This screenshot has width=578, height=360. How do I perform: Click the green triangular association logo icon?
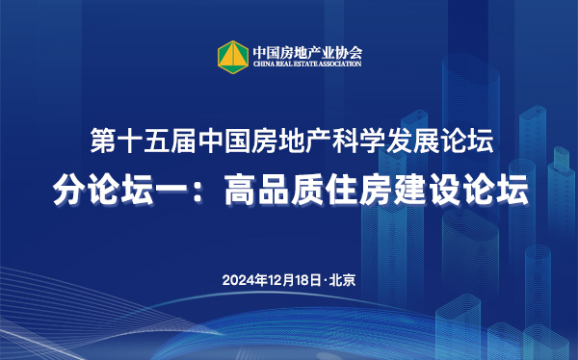pos(231,55)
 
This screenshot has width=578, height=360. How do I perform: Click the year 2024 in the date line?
pos(237,281)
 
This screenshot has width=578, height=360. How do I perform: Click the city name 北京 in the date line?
pos(342,281)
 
